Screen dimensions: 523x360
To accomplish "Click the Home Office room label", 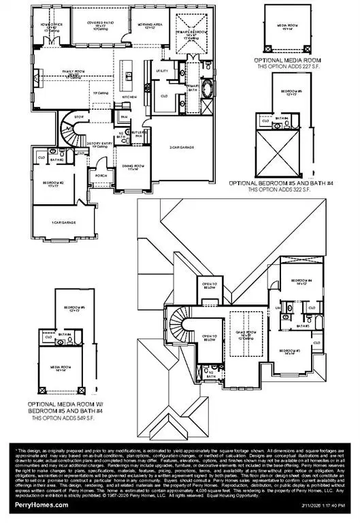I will pos(54,27).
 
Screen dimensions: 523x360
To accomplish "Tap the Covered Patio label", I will pos(100,27).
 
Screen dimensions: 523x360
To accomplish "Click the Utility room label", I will pos(162,70).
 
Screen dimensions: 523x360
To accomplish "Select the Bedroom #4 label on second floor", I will pos(303,282).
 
